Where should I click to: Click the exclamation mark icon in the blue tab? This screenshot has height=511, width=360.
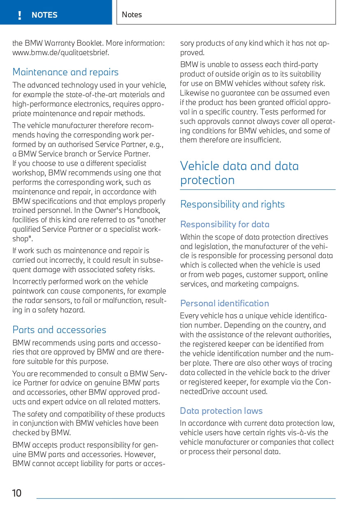(19, 15)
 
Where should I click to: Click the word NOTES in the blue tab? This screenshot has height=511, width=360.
(44, 15)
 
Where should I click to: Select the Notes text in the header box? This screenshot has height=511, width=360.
(132, 15)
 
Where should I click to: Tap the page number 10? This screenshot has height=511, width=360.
(17, 493)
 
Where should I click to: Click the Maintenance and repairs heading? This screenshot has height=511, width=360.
(65, 72)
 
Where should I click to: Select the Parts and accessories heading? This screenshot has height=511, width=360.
(59, 330)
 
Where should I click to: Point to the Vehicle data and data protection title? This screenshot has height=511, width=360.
(239, 173)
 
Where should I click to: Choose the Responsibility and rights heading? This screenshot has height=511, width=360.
(232, 204)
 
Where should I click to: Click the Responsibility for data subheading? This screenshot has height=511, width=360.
(225, 224)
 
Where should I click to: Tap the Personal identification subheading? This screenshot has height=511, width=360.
(225, 303)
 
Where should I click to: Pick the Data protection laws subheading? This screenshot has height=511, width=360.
(221, 411)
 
